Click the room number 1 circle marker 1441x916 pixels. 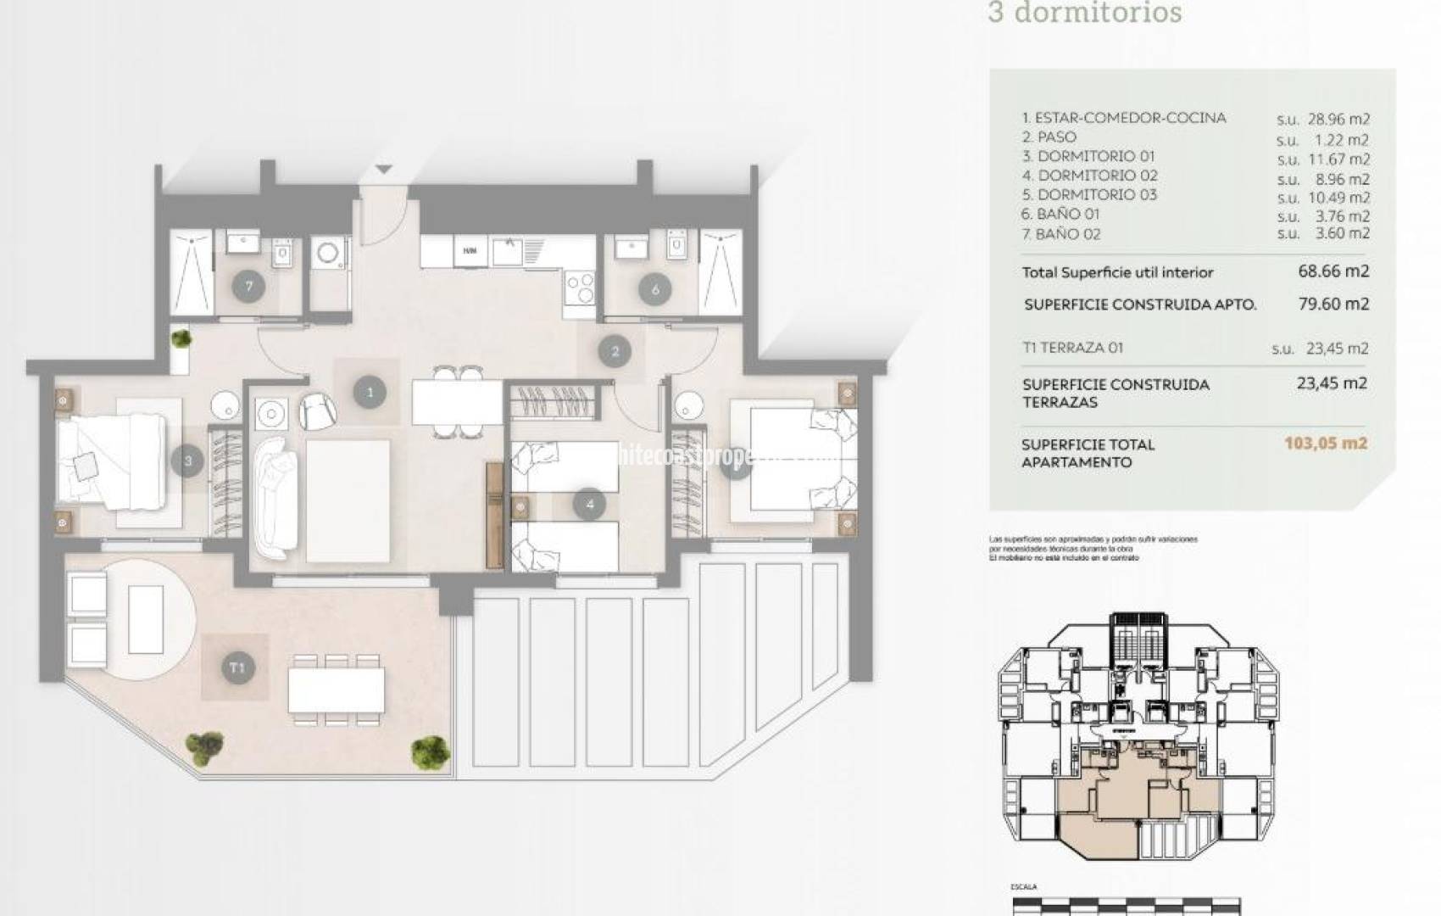[370, 392]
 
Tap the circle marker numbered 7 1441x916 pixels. [248, 286]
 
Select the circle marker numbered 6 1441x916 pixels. [655, 289]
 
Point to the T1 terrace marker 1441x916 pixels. [236, 667]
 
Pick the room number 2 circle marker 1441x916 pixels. [615, 351]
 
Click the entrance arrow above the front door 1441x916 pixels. [383, 170]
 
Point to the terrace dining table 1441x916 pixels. [336, 690]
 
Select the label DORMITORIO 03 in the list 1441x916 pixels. [1097, 195]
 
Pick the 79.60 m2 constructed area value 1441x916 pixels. [1333, 304]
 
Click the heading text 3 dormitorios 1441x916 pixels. [1084, 14]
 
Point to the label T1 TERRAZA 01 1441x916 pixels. [1073, 348]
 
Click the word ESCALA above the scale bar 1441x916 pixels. [1023, 887]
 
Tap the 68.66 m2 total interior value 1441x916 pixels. [1333, 271]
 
